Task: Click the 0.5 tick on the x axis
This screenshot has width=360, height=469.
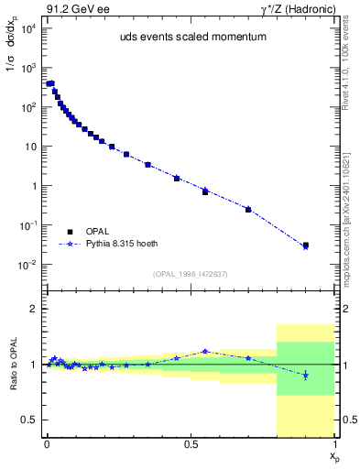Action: coord(191,447)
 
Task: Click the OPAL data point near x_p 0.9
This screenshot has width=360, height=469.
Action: coord(306,245)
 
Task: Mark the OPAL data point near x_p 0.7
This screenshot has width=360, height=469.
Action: coord(248,209)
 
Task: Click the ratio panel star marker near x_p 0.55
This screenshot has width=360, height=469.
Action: coord(205,351)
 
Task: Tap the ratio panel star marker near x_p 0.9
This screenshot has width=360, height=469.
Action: coord(306,376)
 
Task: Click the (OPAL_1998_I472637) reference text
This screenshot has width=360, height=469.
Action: coord(191,274)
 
